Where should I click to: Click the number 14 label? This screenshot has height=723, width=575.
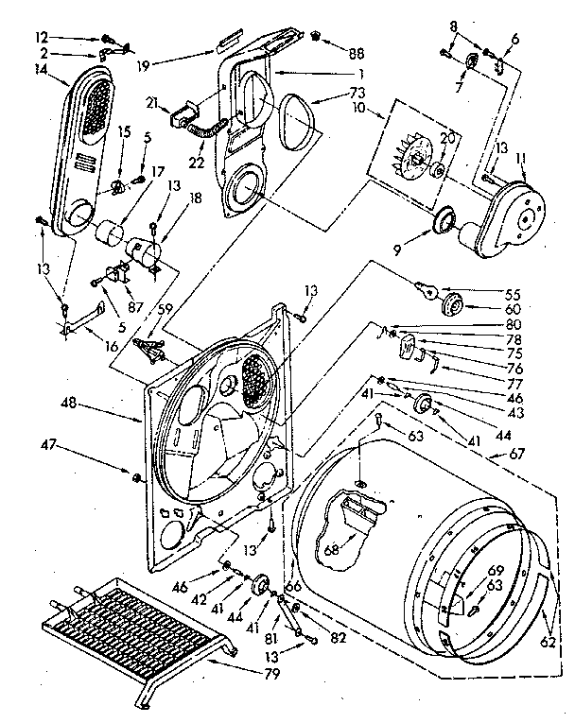pos(41,68)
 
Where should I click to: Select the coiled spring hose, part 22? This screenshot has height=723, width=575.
pos(207,133)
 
